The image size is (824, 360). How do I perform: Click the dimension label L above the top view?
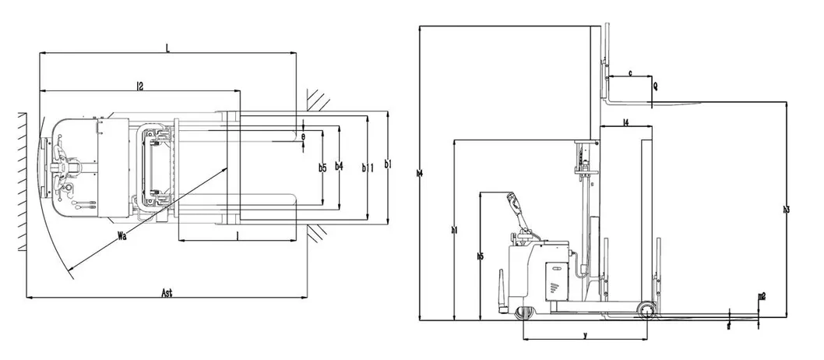click(167, 48)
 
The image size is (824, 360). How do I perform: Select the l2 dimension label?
click(139, 86)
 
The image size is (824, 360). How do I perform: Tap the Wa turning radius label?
click(121, 233)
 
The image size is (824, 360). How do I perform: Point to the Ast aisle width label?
click(166, 293)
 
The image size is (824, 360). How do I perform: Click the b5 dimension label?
click(322, 167)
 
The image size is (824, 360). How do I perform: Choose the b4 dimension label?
click(337, 165)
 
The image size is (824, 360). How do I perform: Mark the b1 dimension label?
click(388, 164)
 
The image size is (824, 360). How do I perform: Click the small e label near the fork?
click(303, 136)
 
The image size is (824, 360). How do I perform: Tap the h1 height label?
click(453, 230)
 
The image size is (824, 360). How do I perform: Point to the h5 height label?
click(481, 255)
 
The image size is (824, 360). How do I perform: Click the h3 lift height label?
click(787, 209)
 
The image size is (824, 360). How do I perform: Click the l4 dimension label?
click(626, 122)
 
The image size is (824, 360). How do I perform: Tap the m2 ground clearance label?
click(762, 296)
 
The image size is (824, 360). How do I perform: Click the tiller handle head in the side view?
click(512, 201)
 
